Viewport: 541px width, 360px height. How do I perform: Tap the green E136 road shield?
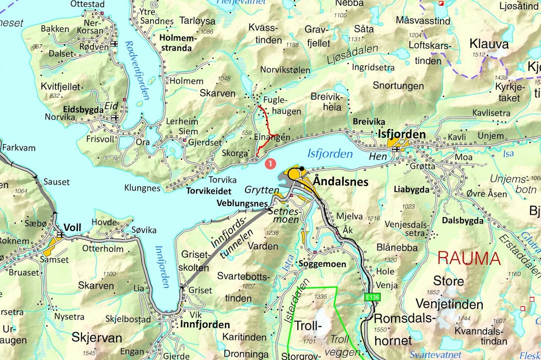click(x=373, y=297)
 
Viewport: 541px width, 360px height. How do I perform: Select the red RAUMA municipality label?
click(x=469, y=258)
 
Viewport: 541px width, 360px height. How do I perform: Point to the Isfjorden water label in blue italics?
click(x=330, y=154)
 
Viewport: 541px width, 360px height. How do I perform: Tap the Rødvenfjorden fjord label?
click(x=137, y=70)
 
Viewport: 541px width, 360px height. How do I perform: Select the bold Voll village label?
click(x=72, y=228)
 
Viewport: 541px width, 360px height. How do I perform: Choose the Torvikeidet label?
click(x=209, y=190)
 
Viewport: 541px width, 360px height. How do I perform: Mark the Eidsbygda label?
click(x=83, y=109)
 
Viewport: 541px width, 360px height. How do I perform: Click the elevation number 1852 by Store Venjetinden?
click(x=433, y=292)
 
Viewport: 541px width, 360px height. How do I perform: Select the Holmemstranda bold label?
click(x=176, y=42)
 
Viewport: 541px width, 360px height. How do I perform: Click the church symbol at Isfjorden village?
click(x=396, y=149)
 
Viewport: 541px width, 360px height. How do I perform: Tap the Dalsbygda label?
click(x=462, y=220)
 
